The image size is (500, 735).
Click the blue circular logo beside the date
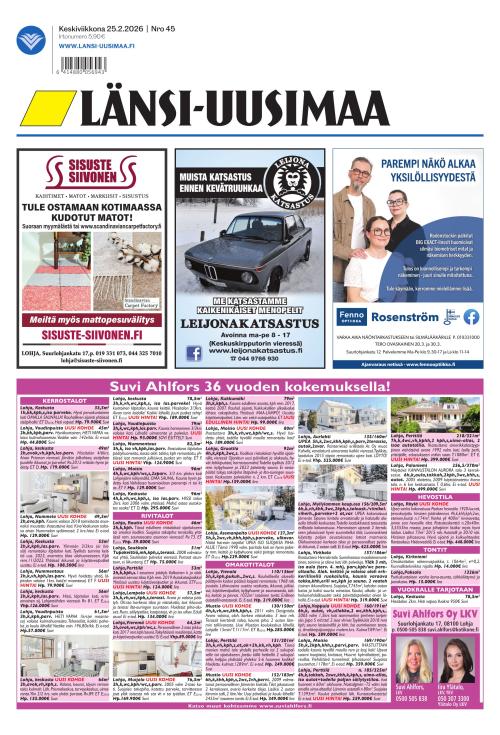point(30,40)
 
